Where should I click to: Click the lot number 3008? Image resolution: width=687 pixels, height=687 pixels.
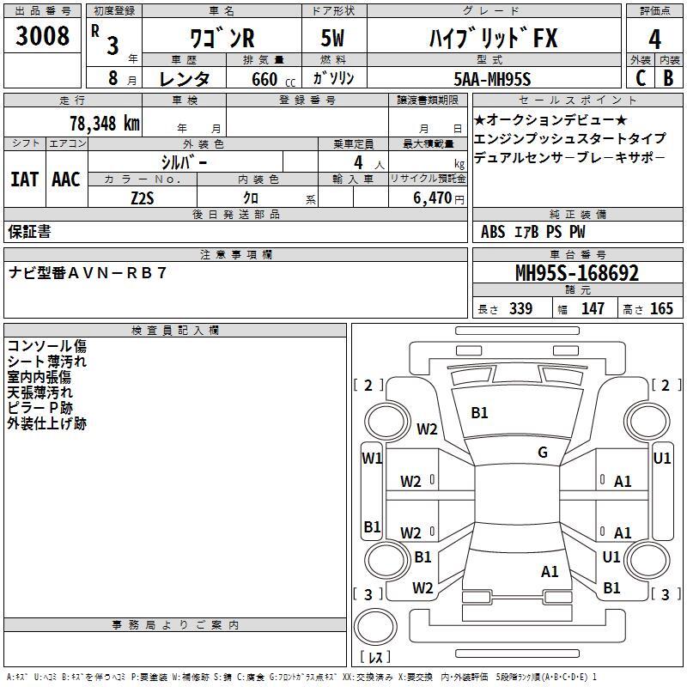42,35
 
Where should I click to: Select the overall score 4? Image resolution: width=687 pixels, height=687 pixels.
654,40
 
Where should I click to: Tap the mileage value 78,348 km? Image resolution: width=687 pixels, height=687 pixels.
105,124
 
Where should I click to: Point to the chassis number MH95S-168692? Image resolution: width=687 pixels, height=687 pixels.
577,273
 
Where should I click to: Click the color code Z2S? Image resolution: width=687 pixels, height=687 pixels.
143,198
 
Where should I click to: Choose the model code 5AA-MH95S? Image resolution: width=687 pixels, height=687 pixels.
492,79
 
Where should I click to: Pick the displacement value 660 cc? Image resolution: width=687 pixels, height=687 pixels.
273,79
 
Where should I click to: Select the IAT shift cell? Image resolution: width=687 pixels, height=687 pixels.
24,179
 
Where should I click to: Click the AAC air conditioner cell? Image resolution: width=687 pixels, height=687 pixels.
66,179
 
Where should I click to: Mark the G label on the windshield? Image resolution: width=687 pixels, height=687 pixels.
543,453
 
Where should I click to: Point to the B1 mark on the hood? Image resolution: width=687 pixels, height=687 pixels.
479,413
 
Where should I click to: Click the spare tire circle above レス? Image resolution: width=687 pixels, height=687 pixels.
375,627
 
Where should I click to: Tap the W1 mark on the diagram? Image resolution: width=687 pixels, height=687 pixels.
372,459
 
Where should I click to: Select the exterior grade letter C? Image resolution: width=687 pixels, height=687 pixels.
641,78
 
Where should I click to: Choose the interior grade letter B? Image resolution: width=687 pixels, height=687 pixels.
668,78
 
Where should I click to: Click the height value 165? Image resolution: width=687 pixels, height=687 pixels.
661,308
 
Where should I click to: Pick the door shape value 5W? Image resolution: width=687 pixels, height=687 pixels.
332,38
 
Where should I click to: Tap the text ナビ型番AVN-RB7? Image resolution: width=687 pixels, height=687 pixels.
88,273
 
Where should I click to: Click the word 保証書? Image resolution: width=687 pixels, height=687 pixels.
29,232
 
